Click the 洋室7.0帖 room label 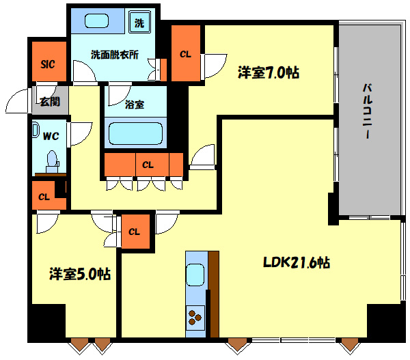269,72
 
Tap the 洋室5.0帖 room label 80,274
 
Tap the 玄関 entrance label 49,102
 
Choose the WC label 51,136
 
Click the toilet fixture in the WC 51,161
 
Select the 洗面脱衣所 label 114,55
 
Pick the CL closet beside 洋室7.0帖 186,53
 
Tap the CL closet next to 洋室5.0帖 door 135,232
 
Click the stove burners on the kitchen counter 195,316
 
